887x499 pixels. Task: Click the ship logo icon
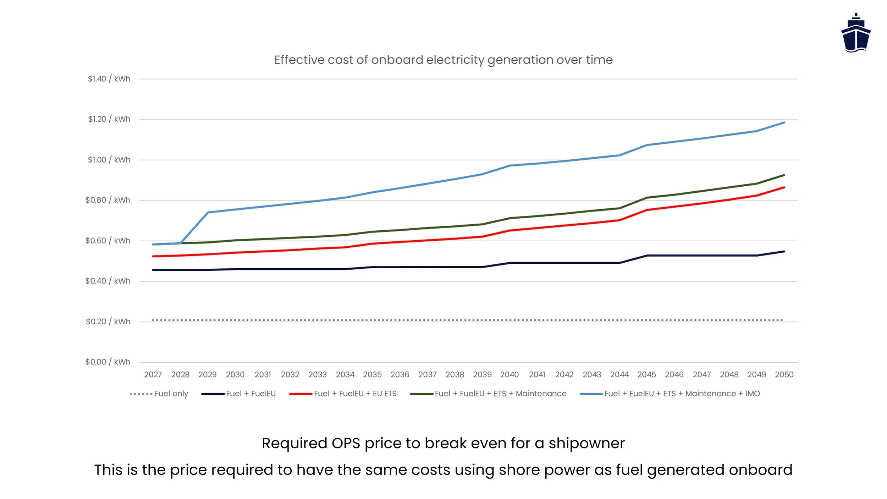click(855, 33)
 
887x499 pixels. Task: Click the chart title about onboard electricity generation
click(443, 60)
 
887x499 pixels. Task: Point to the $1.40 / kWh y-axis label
click(109, 79)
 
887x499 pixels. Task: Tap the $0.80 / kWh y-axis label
click(108, 200)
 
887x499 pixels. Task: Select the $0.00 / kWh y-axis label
click(108, 362)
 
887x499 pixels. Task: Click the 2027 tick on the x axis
click(153, 375)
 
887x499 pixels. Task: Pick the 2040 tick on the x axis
click(509, 375)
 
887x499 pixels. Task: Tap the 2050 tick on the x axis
click(784, 375)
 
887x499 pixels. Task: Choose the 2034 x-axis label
click(345, 375)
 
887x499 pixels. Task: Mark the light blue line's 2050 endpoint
click(784, 122)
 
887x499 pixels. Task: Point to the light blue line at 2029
click(208, 212)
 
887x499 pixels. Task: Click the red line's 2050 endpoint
click(784, 187)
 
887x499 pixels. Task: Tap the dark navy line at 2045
click(647, 256)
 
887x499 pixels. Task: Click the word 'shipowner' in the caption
click(586, 443)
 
